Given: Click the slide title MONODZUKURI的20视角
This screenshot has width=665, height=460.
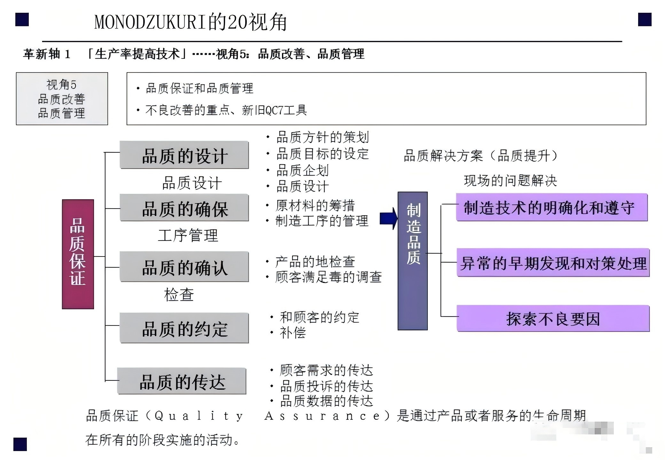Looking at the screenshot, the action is click(191, 22).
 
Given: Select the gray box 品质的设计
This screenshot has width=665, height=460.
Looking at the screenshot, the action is click(184, 155).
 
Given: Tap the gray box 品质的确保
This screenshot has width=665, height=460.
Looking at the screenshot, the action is click(184, 208).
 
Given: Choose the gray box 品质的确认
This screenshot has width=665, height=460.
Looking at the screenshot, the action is click(184, 267).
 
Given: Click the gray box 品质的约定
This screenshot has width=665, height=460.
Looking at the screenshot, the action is click(184, 328).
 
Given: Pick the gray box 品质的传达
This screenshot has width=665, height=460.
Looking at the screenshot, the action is click(182, 381).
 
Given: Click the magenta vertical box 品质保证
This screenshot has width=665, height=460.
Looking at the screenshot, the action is click(78, 254).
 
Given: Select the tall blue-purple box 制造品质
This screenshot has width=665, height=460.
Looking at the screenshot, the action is click(412, 261).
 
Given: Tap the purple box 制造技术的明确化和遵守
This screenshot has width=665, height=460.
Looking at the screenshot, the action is click(552, 207).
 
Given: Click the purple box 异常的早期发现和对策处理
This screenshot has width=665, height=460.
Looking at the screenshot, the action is click(553, 263).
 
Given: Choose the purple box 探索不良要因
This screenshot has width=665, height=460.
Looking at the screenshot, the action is click(553, 318).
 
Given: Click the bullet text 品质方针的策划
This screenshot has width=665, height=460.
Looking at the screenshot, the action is click(323, 137).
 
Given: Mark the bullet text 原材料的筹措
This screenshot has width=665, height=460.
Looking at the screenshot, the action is click(315, 205).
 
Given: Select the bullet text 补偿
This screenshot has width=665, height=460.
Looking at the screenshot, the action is click(293, 333).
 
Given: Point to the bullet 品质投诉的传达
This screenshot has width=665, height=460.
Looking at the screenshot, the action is click(326, 387).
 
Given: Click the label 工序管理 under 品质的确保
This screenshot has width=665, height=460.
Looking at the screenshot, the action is click(188, 235).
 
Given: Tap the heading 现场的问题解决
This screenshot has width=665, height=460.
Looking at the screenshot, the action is click(511, 181).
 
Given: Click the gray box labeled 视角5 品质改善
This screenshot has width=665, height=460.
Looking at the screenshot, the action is click(62, 99).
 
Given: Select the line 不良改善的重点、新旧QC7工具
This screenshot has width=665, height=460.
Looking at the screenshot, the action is click(226, 110).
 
